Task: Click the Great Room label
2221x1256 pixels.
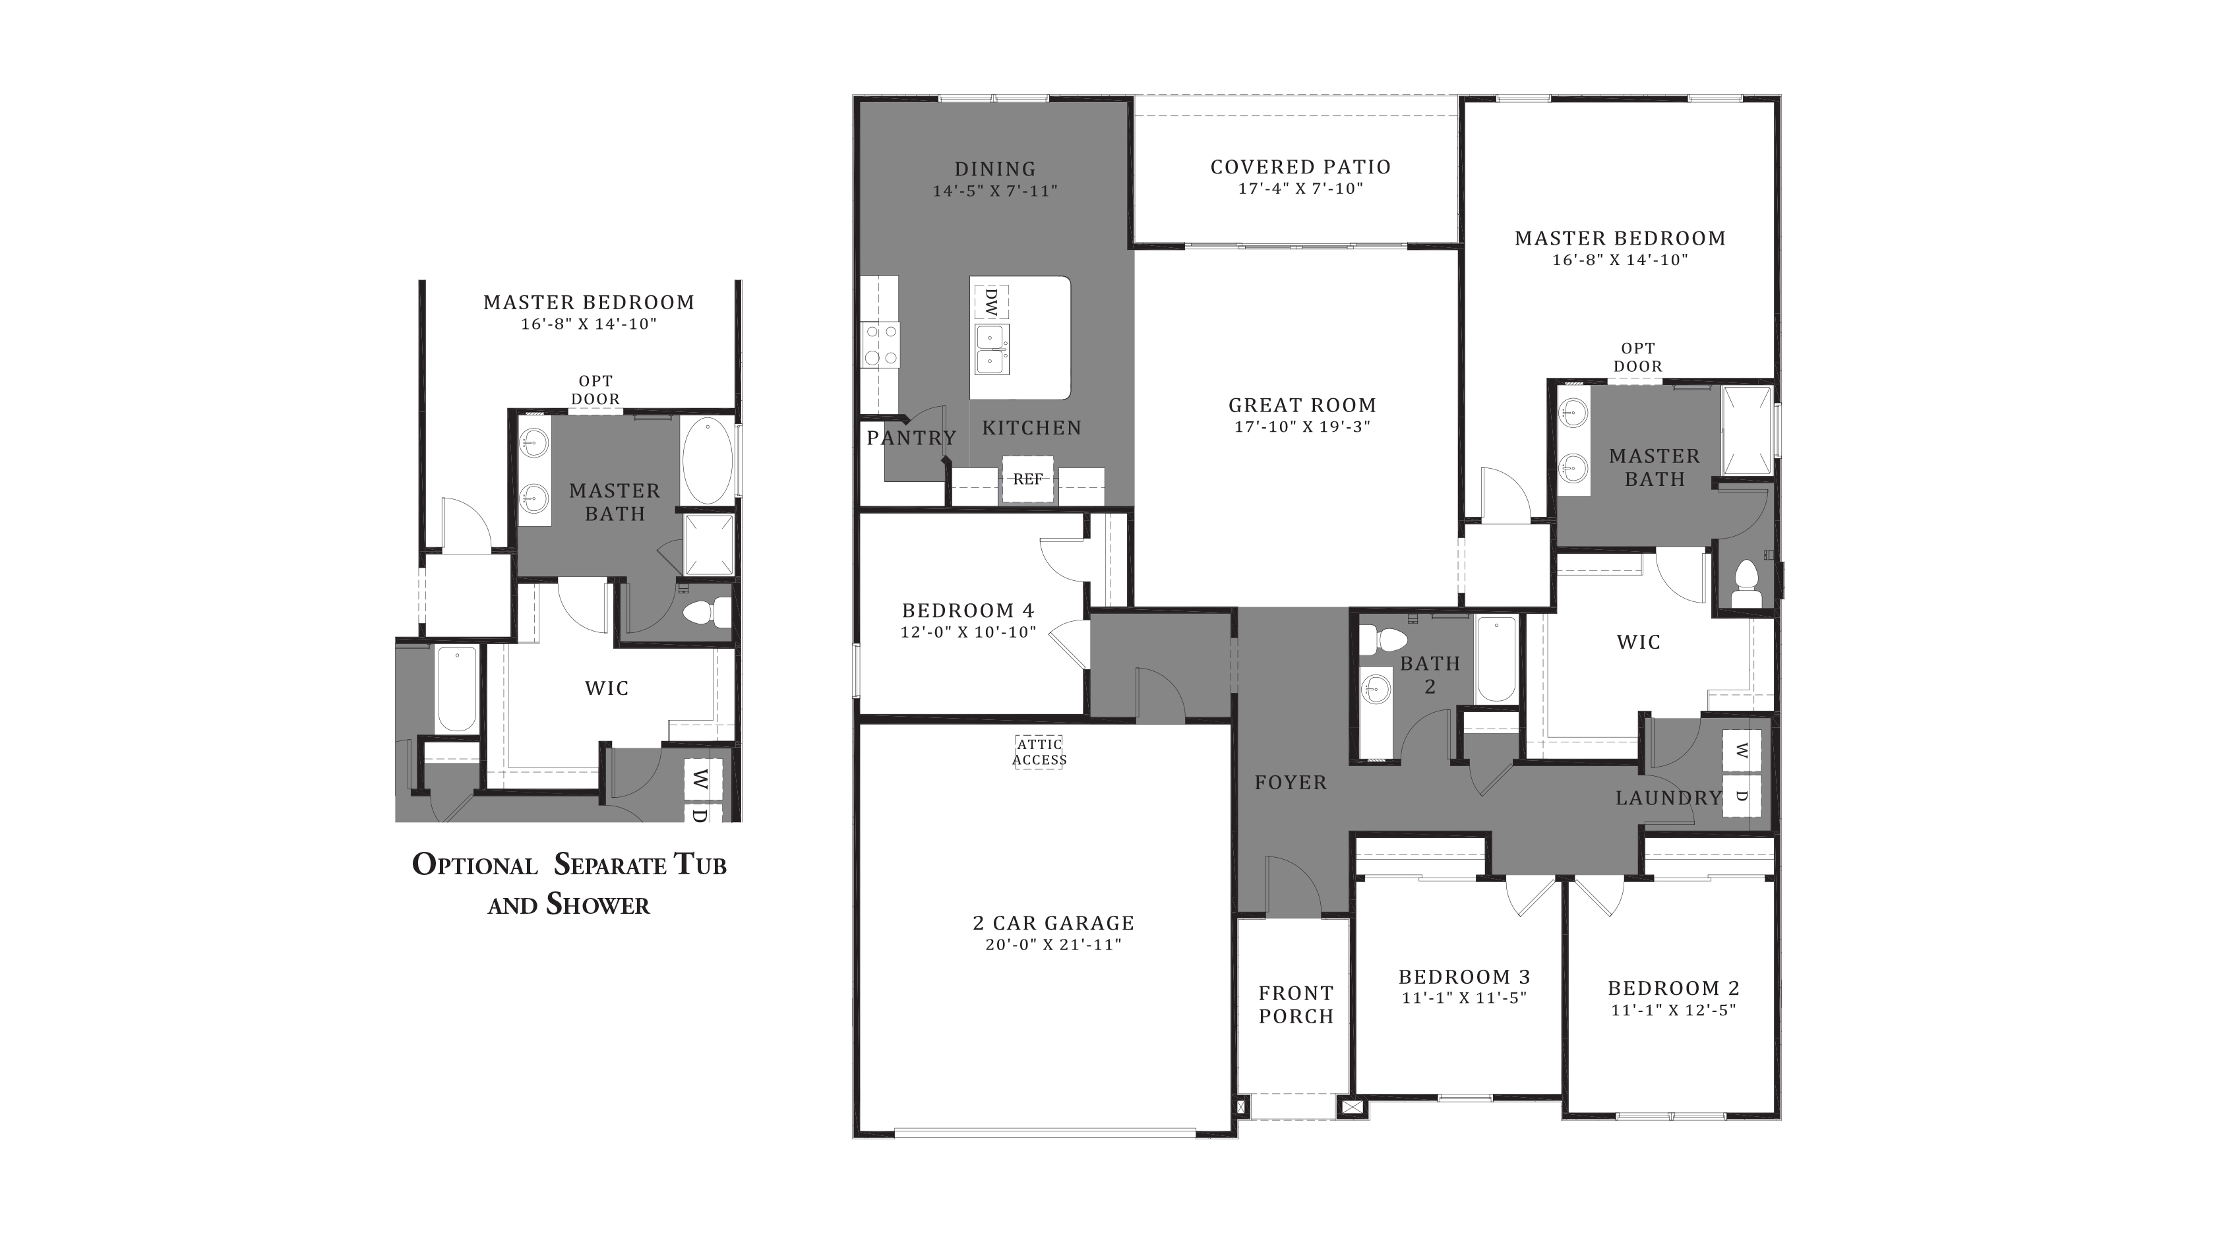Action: (x=1302, y=405)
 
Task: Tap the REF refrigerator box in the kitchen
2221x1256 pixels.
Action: (x=1027, y=479)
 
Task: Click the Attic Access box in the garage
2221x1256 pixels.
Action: (x=1039, y=752)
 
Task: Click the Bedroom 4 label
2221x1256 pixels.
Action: (x=968, y=611)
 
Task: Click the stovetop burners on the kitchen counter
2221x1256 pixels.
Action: (x=880, y=345)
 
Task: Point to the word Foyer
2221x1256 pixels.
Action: (x=1291, y=783)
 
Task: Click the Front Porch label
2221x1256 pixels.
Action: (x=1296, y=1005)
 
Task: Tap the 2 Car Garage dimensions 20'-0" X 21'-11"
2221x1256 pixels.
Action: (x=1053, y=945)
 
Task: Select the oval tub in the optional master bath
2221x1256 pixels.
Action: (x=708, y=462)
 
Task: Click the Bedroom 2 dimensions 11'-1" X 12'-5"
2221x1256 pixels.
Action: (x=1673, y=1010)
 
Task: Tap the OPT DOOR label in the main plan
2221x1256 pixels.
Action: (x=1637, y=357)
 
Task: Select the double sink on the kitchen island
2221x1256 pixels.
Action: (x=992, y=349)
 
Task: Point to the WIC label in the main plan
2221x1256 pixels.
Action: (x=1638, y=642)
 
